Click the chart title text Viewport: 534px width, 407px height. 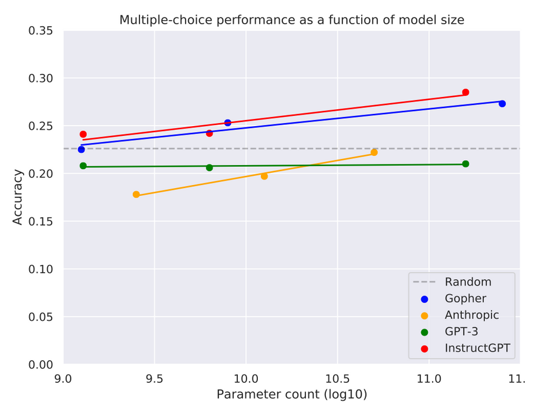pyautogui.click(x=291, y=20)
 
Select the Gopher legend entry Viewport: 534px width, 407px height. pyautogui.click(x=465, y=298)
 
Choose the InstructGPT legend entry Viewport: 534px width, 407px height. pyautogui.click(x=477, y=348)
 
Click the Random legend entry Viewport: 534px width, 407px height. pyautogui.click(x=467, y=282)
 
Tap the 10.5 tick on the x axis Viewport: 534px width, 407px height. pyautogui.click(x=337, y=378)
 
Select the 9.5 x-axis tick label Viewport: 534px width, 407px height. pyautogui.click(x=154, y=378)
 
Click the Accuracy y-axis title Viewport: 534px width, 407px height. pyautogui.click(x=18, y=197)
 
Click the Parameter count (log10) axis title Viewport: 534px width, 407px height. pyautogui.click(x=291, y=394)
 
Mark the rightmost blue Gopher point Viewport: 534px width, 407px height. pyautogui.click(x=502, y=104)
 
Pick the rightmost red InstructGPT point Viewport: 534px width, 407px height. pyautogui.click(x=465, y=92)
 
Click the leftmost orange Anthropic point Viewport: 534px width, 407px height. pyautogui.click(x=136, y=195)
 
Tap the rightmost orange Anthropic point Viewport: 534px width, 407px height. pyautogui.click(x=374, y=152)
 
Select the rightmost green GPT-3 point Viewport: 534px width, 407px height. pyautogui.click(x=465, y=164)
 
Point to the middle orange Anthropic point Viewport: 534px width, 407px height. pyautogui.click(x=264, y=176)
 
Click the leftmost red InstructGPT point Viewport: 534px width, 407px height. pyautogui.click(x=83, y=134)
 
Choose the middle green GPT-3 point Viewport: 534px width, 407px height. pyautogui.click(x=209, y=167)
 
